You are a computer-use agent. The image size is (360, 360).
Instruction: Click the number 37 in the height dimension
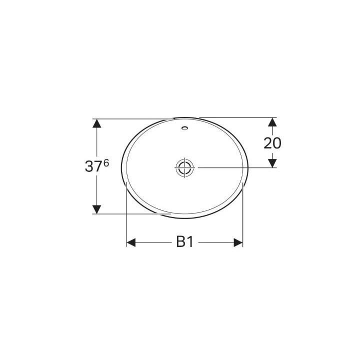(93, 167)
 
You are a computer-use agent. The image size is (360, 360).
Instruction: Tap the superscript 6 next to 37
(106, 163)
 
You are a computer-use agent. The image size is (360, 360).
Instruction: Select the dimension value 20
(272, 143)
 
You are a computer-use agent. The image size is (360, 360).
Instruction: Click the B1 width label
(184, 242)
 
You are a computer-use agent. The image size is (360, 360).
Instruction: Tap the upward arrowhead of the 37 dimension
(97, 123)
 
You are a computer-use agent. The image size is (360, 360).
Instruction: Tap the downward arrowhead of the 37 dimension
(97, 209)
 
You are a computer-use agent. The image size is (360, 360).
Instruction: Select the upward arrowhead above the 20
(272, 122)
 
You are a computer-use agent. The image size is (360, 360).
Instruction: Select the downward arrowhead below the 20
(272, 163)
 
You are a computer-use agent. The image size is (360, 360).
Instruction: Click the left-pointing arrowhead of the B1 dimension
(130, 242)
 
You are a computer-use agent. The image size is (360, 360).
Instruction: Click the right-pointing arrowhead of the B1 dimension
(237, 242)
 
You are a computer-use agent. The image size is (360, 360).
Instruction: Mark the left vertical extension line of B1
(125, 215)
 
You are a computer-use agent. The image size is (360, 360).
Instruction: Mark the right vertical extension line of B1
(242, 215)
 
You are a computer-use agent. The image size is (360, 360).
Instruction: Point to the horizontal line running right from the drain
(235, 167)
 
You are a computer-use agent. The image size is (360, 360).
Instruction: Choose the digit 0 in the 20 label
(276, 143)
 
